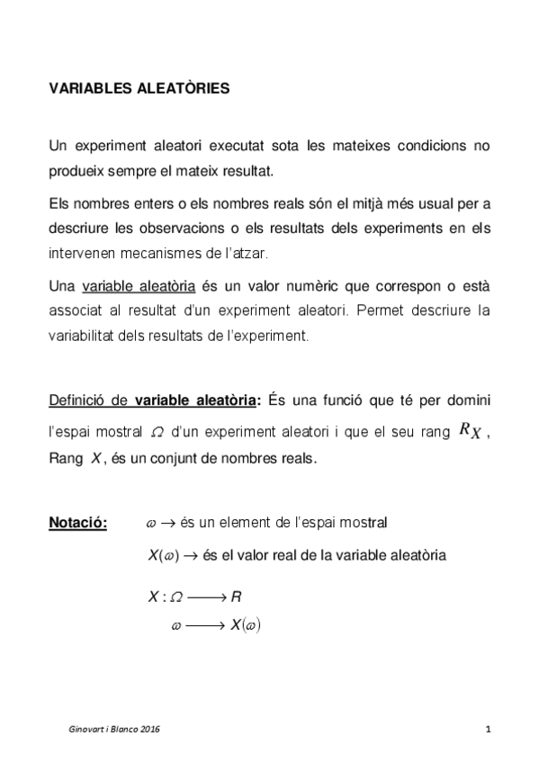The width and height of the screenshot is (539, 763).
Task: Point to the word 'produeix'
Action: click(76, 168)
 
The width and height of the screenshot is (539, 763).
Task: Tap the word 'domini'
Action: click(469, 399)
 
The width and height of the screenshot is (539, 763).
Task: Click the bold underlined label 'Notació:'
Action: click(77, 523)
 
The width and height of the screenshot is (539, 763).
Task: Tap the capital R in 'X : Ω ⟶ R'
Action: click(236, 597)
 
